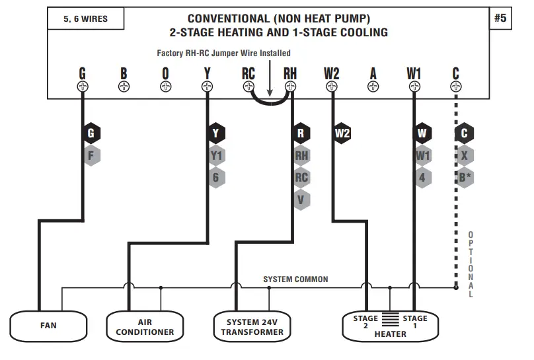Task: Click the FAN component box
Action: (x=49, y=325)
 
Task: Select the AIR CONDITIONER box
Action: (x=145, y=325)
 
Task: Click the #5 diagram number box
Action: (x=500, y=18)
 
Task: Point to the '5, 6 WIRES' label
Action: (x=85, y=19)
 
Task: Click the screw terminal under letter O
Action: (x=165, y=87)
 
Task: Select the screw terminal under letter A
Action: (x=373, y=87)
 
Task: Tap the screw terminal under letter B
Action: (x=124, y=87)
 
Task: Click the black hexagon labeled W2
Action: (x=342, y=133)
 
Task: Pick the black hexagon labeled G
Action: (x=91, y=133)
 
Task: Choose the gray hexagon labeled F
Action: (x=91, y=156)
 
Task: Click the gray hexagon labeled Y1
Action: (x=216, y=156)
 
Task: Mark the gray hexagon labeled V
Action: (x=301, y=199)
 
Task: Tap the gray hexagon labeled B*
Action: (x=465, y=177)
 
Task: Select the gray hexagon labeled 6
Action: (x=216, y=177)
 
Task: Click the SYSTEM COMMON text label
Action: (x=295, y=279)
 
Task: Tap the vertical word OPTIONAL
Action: (x=471, y=264)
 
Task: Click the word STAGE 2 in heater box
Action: (x=365, y=322)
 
